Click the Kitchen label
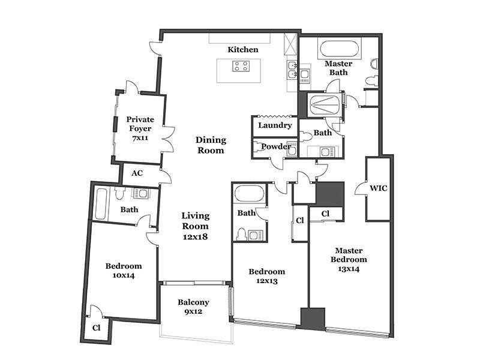click(x=243, y=50)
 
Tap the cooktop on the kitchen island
click(x=241, y=66)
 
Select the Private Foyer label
click(x=140, y=124)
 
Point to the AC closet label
click(x=137, y=173)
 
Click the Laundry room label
click(x=275, y=125)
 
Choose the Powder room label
click(x=276, y=146)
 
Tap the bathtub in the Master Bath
click(x=339, y=49)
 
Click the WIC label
click(x=379, y=188)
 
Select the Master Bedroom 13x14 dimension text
click(x=349, y=269)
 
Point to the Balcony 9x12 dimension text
click(x=193, y=311)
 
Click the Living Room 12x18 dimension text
click(x=196, y=236)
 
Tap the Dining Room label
click(x=211, y=145)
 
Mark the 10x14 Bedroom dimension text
click(x=124, y=275)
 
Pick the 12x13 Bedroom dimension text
click(x=266, y=281)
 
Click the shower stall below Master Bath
click(x=325, y=104)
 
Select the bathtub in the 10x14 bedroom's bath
click(x=101, y=203)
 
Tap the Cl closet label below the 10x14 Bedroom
click(x=96, y=328)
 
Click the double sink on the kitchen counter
click(x=292, y=70)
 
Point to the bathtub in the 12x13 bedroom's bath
click(x=249, y=193)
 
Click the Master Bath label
click(x=338, y=68)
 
